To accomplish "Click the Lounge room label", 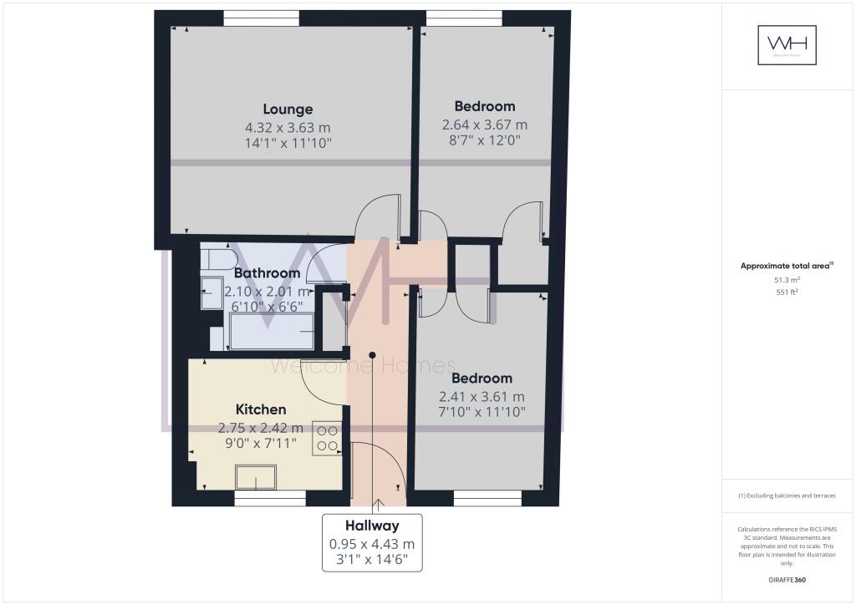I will click(288, 109).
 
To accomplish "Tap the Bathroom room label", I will click(267, 273).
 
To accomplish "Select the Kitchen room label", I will click(261, 409).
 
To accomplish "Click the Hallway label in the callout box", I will click(372, 526).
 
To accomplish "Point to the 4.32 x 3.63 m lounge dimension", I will click(288, 128).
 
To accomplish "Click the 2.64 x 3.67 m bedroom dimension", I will click(485, 125).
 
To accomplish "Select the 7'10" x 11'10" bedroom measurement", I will click(483, 411).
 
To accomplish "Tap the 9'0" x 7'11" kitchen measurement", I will click(261, 443).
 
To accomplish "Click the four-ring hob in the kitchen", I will click(327, 439).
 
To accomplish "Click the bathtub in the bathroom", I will click(272, 333).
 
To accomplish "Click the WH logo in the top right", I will click(787, 44).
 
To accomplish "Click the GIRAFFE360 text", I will click(786, 580).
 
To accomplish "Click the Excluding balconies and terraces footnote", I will click(786, 496).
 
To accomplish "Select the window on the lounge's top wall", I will click(261, 17).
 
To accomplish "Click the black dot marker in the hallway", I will click(373, 353).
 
